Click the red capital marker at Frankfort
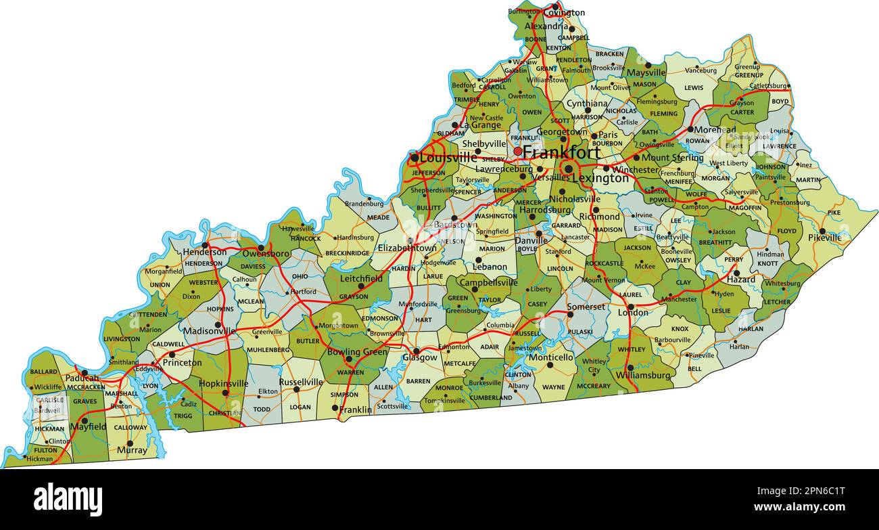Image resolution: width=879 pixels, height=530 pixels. pyautogui.click(x=518, y=152)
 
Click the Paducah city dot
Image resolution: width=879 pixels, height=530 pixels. pyautogui.click(x=85, y=373)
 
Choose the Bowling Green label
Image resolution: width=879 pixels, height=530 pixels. pyautogui.click(x=357, y=352)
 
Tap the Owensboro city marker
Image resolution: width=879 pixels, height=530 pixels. pyautogui.click(x=260, y=248)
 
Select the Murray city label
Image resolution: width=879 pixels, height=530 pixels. pyautogui.click(x=132, y=450)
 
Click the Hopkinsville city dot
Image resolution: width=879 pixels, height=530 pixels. pyautogui.click(x=225, y=393)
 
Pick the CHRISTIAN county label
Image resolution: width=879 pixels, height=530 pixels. pyautogui.click(x=225, y=413)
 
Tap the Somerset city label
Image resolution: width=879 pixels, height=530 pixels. pyautogui.click(x=586, y=307)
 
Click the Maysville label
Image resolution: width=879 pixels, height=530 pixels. pyautogui.click(x=646, y=72)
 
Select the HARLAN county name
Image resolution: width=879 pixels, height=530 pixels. pyautogui.click(x=751, y=330)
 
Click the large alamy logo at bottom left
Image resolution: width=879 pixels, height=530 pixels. pyautogui.click(x=68, y=499)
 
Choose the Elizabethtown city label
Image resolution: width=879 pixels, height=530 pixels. pyautogui.click(x=407, y=248)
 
